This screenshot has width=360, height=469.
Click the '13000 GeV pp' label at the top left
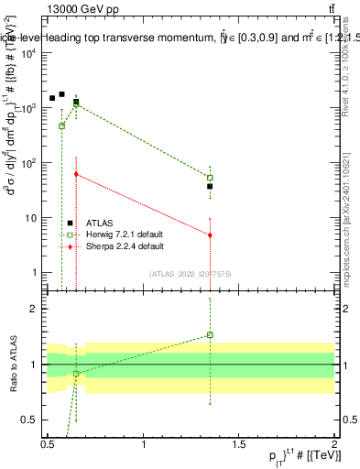[80, 8]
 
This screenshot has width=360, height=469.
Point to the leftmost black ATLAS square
[52, 98]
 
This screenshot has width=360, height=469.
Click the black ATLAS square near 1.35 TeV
[210, 186]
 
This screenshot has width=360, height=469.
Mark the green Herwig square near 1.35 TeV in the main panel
[210, 178]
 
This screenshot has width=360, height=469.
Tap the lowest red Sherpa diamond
[210, 235]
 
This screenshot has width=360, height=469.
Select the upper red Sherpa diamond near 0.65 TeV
[76, 174]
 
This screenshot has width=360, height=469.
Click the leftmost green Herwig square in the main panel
[61, 125]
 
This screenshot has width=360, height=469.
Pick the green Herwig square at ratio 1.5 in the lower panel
[210, 334]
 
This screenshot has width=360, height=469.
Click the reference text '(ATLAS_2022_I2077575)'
[190, 273]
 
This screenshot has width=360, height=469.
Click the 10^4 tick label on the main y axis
[29, 53]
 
